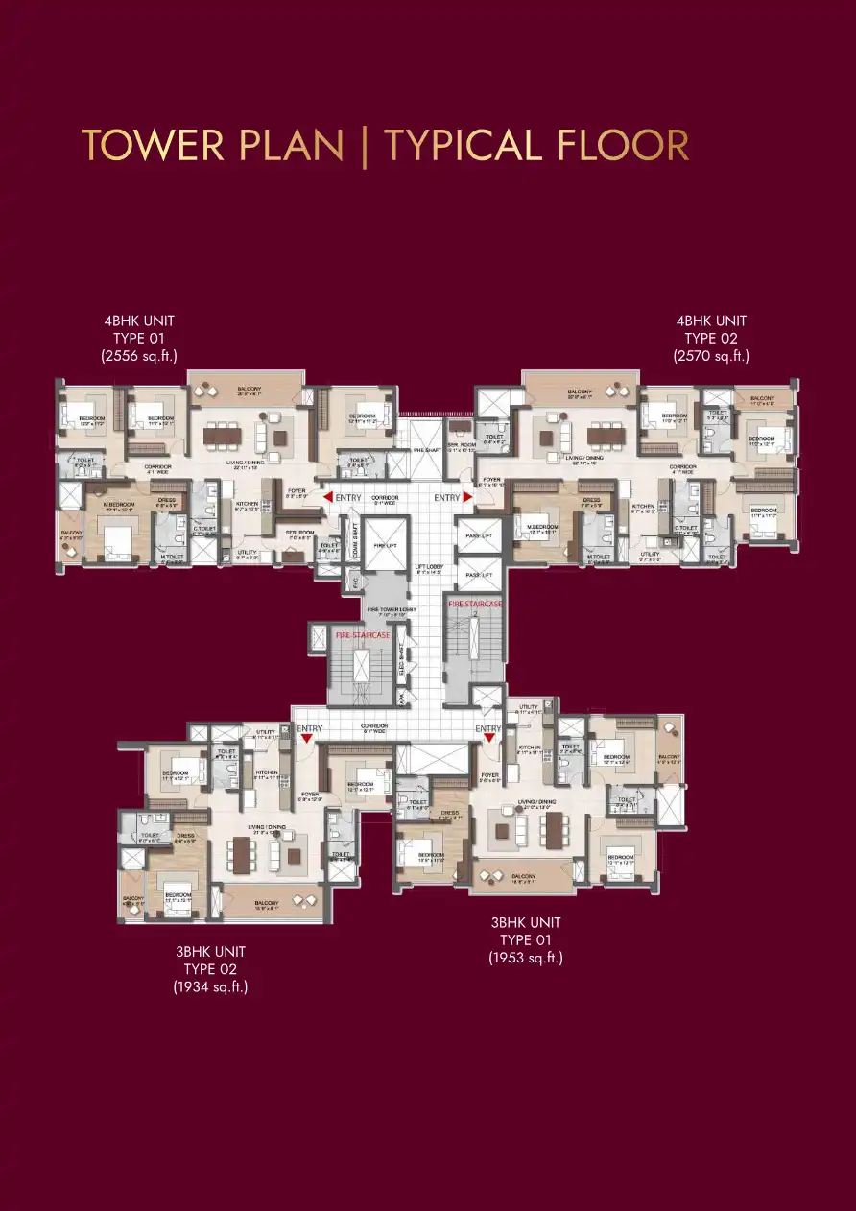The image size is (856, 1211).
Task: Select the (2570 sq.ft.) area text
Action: point(711,356)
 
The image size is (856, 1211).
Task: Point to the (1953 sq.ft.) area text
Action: point(525,958)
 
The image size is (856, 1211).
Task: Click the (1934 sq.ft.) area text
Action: point(210,986)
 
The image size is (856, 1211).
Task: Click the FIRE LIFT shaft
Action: point(386,544)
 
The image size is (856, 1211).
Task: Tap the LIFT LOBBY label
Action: point(429,569)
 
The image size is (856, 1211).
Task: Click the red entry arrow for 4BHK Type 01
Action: point(328,497)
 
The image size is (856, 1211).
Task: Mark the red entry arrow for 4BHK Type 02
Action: point(468,497)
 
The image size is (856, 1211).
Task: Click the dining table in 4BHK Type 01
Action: point(222,433)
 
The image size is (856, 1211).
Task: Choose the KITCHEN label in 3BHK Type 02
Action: point(267,772)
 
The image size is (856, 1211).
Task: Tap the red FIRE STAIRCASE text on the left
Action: point(362,635)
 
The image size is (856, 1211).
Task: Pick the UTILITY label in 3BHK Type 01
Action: point(529,707)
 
